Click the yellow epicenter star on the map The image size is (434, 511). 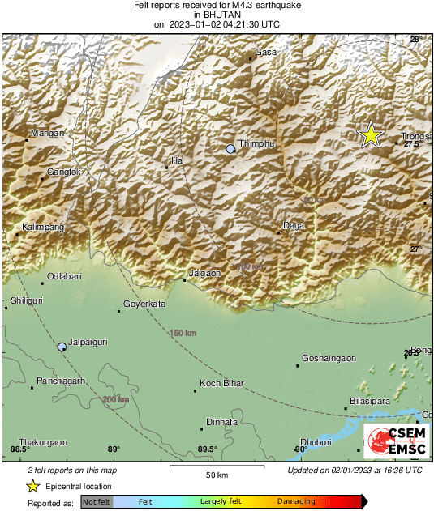pos(371,135)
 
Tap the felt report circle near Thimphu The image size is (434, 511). pos(231,149)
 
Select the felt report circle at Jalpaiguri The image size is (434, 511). pos(62,347)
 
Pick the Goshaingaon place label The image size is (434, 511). pos(329,358)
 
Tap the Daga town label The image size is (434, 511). pos(294,226)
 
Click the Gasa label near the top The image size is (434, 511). pos(266,52)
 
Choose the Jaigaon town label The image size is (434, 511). pos(204,274)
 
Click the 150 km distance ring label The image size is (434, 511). pos(183,333)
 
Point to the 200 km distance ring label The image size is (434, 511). pos(115,399)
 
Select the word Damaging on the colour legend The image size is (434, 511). pos(296,502)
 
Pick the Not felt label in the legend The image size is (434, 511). pos(97,502)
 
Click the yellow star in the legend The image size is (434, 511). pos(32,486)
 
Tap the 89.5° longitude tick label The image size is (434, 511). pos(207,449)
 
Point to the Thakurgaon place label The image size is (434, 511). pos(43,442)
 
